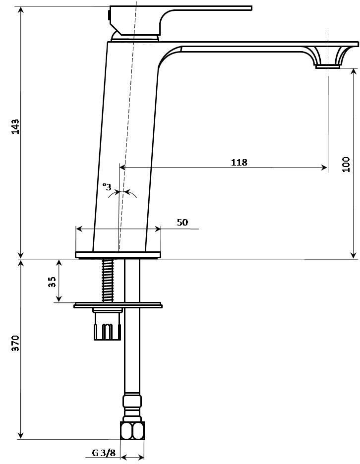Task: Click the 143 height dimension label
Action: [15, 126]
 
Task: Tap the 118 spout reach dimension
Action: [239, 162]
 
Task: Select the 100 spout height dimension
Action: [346, 164]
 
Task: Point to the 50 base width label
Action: [182, 222]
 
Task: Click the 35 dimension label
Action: [52, 282]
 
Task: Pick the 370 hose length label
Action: [15, 343]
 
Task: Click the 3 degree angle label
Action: [107, 187]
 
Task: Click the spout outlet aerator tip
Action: [328, 66]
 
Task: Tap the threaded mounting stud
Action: [108, 280]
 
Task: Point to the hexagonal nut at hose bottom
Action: [132, 430]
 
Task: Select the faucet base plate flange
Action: [118, 255]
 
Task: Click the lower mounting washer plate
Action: [118, 305]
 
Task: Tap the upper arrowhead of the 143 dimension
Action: [20, 10]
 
